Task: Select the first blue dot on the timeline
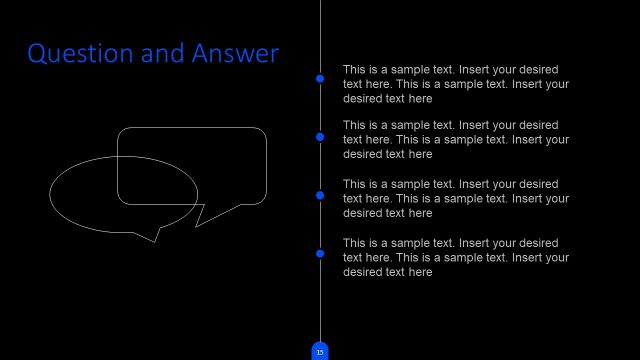coord(320,78)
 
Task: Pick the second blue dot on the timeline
coord(320,137)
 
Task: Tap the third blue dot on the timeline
coord(320,195)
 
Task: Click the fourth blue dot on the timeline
coord(320,254)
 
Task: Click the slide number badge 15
coord(320,351)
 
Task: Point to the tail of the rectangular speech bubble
coord(201,216)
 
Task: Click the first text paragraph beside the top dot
coord(455,84)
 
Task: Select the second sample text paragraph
coord(455,140)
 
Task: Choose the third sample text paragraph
coord(455,199)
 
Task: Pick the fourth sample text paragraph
coord(455,257)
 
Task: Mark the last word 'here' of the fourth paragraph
coord(420,272)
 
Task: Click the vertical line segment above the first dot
coord(320,35)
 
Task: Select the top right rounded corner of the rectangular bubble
coord(262,133)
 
